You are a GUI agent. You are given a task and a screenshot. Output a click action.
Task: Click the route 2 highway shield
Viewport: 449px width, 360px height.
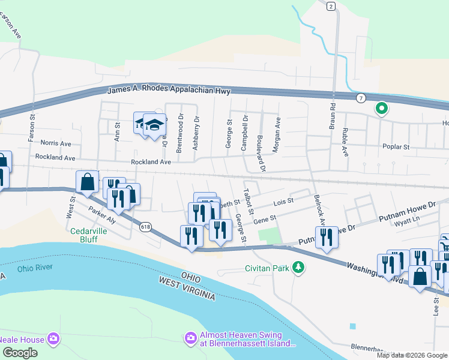coord(331,7)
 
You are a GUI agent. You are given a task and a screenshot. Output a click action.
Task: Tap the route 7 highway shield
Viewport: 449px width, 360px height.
coord(361,97)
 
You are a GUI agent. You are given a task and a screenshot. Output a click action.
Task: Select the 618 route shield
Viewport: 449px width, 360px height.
coord(145,227)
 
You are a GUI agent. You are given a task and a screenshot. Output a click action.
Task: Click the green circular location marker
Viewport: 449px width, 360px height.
coord(381,109)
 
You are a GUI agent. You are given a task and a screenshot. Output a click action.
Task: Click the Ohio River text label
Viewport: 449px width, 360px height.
coord(35,268)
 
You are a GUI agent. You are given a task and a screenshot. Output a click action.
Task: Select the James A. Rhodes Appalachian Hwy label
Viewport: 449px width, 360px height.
coord(169,91)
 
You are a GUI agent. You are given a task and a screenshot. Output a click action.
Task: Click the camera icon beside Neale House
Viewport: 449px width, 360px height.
coord(53,340)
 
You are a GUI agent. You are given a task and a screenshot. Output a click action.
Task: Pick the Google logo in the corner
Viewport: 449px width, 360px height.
coord(20,353)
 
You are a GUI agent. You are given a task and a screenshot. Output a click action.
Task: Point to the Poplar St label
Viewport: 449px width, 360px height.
coord(396,146)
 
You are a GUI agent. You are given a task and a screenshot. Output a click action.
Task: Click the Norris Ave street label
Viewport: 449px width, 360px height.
coord(56,143)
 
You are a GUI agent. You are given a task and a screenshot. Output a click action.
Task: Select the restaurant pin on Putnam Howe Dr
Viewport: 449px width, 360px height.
coord(327,238)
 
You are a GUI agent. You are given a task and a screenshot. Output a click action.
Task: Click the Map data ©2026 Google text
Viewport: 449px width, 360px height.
coord(411,355)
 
